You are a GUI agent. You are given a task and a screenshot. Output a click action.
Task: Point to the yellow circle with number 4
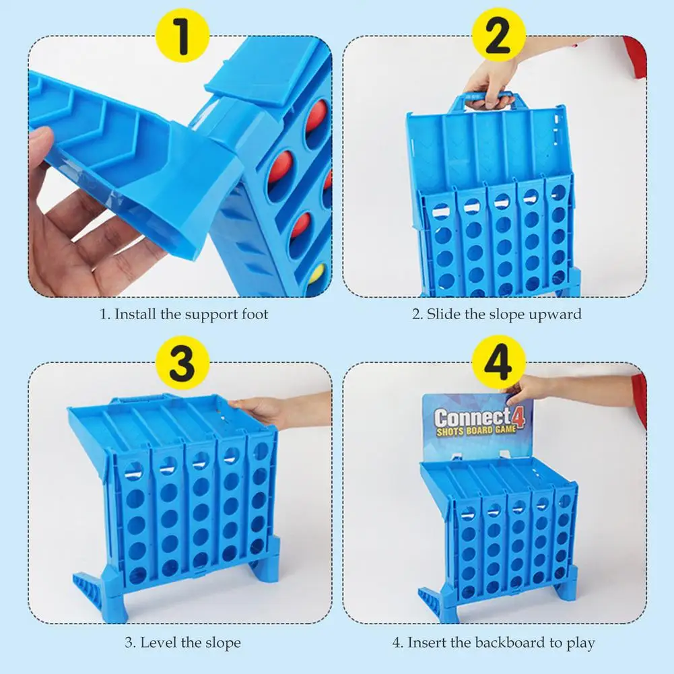[x=497, y=365]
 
